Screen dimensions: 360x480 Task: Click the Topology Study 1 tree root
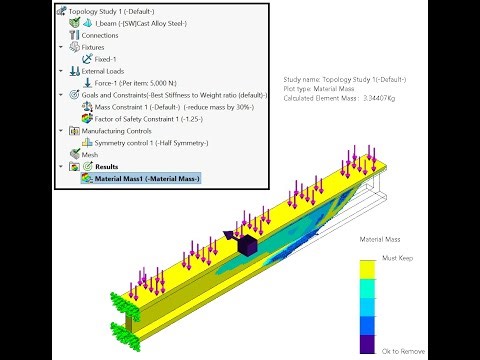(110, 10)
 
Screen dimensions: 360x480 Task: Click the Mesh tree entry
(90, 155)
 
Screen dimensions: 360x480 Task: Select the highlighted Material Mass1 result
(146, 179)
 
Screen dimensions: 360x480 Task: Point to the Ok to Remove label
(403, 352)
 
